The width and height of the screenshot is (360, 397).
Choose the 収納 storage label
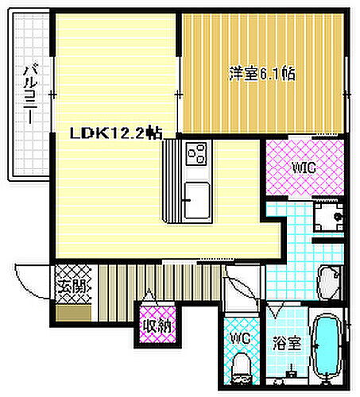156,325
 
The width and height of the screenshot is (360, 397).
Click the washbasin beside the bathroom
330,282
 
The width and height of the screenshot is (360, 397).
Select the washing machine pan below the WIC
329,213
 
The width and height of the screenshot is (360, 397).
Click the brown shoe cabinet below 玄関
70,310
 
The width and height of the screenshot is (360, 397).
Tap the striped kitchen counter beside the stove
172,183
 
